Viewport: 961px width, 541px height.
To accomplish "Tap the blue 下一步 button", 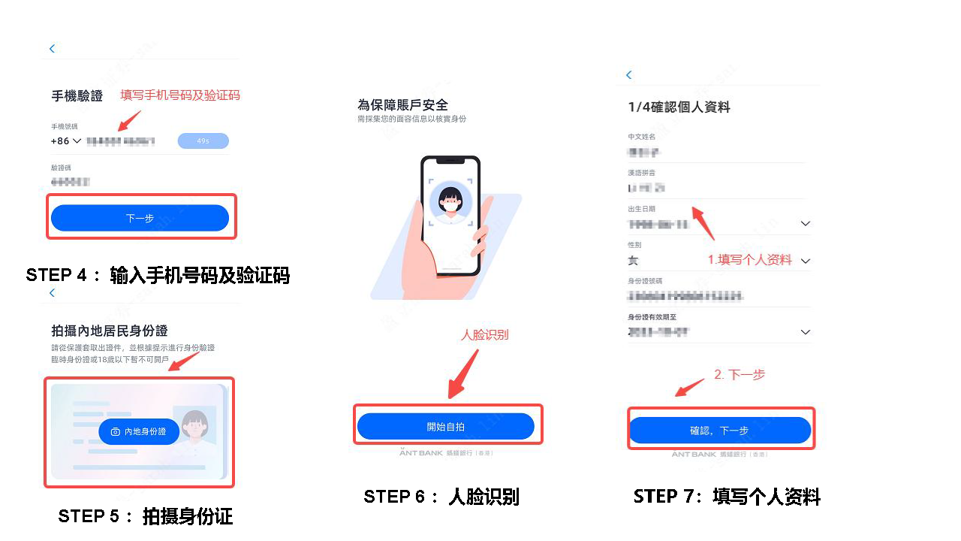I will (140, 218).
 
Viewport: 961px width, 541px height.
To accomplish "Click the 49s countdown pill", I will (203, 141).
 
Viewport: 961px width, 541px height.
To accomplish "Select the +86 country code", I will (66, 141).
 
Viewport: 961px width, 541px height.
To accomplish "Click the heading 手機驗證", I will (77, 96).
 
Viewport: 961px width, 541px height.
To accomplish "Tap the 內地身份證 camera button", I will (139, 431).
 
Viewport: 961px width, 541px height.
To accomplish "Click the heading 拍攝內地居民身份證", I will (109, 331).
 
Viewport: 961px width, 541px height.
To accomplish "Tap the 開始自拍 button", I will (445, 426).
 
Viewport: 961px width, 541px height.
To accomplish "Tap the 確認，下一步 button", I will (719, 431).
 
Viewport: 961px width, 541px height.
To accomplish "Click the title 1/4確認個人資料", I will (679, 107).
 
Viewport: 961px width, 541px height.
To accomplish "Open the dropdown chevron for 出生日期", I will (806, 224).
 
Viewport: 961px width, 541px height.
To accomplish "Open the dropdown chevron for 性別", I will (806, 261).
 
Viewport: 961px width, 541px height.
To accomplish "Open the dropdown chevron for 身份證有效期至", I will (806, 332).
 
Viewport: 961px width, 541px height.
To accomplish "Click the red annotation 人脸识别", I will (484, 335).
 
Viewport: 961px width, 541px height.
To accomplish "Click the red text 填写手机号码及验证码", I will (180, 95).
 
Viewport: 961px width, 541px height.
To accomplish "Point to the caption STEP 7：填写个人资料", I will (727, 497).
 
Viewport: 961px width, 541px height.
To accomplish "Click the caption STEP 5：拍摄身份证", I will (146, 516).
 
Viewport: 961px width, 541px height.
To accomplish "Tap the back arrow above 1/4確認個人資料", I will (629, 75).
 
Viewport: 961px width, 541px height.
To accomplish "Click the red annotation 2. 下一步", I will (739, 374).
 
